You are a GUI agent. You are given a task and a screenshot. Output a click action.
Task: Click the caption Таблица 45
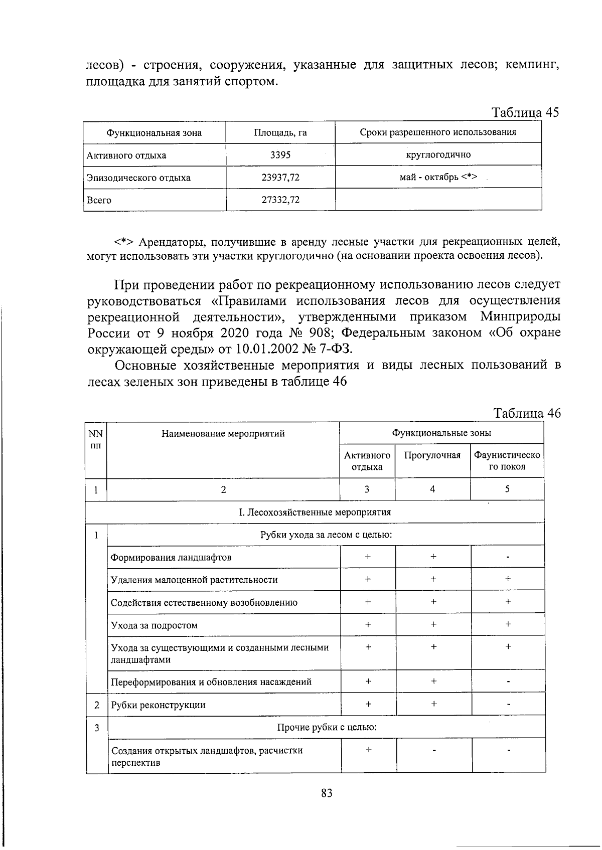click(x=525, y=112)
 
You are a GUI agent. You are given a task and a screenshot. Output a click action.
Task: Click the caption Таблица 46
click(x=527, y=413)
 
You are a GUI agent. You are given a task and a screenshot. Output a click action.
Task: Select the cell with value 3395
click(x=280, y=155)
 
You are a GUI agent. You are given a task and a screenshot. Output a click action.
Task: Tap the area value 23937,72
click(x=280, y=178)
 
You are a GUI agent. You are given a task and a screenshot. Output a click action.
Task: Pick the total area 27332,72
click(x=280, y=200)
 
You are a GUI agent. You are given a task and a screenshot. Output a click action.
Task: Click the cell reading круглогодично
click(x=438, y=154)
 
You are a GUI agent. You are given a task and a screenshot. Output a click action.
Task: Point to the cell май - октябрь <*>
click(x=438, y=177)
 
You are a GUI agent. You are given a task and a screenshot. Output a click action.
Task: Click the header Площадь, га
click(x=280, y=133)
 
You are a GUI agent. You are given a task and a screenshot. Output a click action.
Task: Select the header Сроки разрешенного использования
click(x=438, y=132)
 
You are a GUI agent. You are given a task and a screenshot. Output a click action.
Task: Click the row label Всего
click(x=99, y=200)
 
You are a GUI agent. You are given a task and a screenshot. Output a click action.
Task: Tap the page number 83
click(x=327, y=793)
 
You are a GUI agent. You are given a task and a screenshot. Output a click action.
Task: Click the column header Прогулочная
click(x=432, y=455)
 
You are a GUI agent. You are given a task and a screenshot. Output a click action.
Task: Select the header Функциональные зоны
click(x=441, y=433)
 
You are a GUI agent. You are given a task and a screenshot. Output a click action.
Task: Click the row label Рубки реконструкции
click(x=158, y=705)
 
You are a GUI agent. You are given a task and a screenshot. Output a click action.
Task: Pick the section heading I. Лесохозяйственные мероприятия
click(x=315, y=512)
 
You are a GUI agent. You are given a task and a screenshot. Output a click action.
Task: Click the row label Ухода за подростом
click(x=154, y=625)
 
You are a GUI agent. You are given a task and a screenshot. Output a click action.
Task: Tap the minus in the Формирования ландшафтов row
click(x=508, y=557)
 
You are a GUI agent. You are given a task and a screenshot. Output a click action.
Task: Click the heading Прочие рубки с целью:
click(x=327, y=727)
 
